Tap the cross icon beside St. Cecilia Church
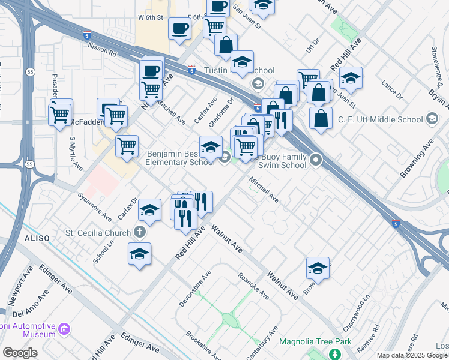(x=140, y=232)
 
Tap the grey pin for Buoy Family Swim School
(x=316, y=160)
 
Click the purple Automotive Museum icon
(x=65, y=329)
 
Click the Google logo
(x=20, y=353)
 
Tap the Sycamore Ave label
(x=95, y=206)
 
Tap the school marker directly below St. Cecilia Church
(x=139, y=254)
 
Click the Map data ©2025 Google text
(x=411, y=355)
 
